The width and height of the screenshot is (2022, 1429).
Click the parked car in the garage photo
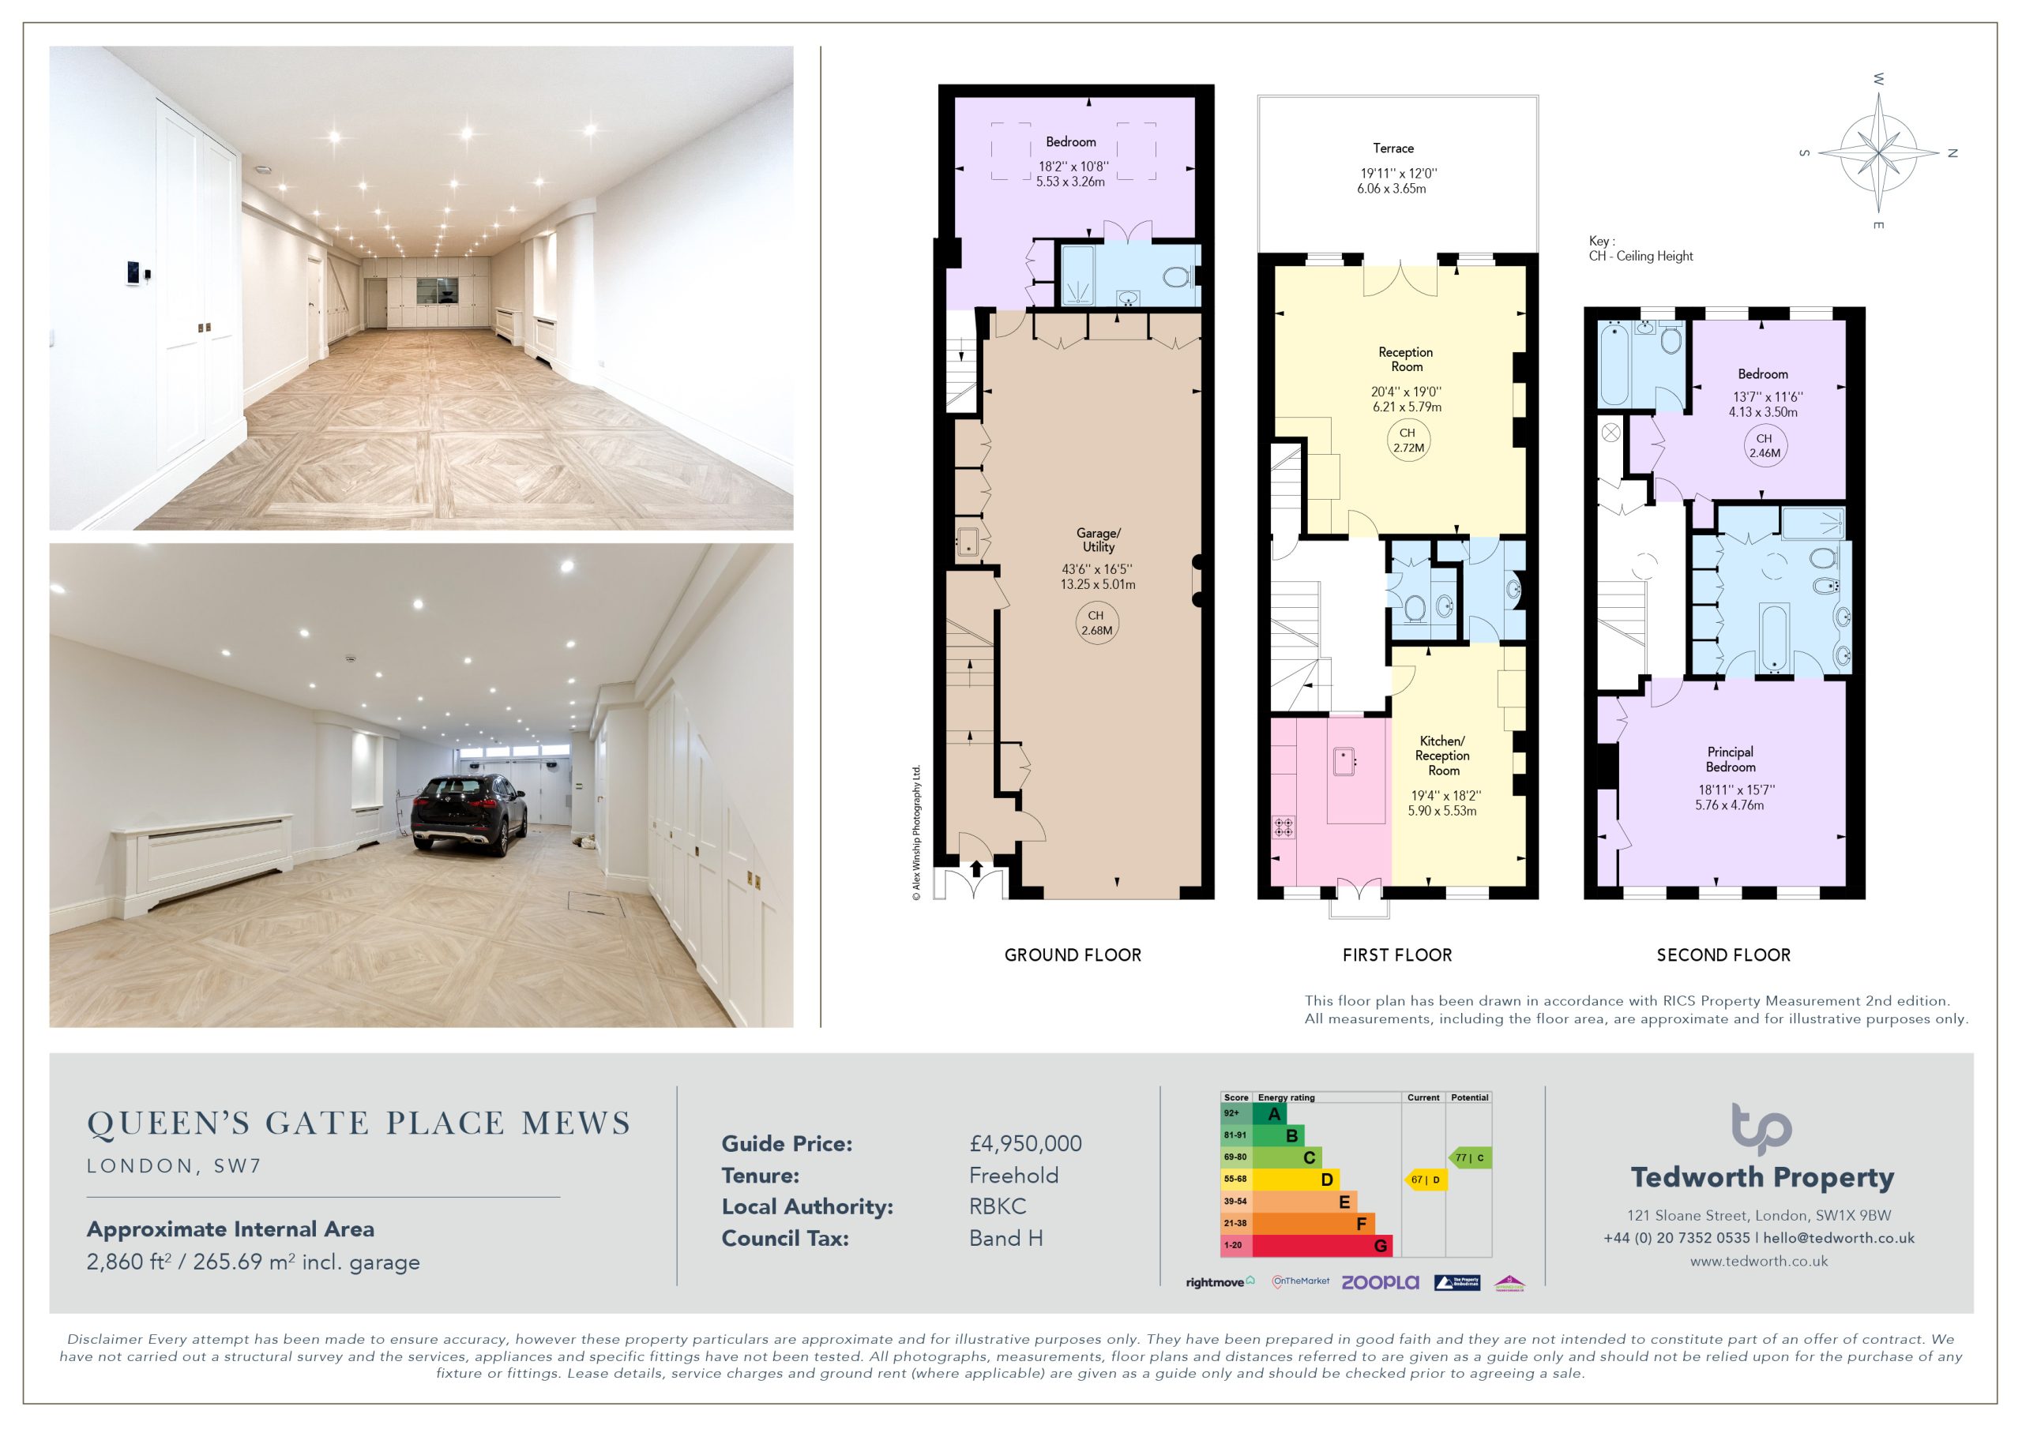coord(468,812)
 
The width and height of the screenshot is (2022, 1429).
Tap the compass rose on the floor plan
coord(1878,152)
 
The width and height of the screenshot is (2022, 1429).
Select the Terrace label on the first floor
coord(1393,148)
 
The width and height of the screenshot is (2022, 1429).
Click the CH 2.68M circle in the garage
coord(1096,622)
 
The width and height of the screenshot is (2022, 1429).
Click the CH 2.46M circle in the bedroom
coord(1764,445)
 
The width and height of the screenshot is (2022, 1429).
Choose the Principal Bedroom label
coord(1730,759)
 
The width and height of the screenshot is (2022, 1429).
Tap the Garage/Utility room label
coord(1098,540)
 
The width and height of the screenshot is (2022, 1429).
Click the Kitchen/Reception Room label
coord(1442,756)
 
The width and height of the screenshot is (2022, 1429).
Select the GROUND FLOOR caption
coord(1073,955)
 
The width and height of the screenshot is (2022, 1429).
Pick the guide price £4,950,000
coord(1026,1144)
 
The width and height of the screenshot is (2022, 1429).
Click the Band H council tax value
coord(1005,1238)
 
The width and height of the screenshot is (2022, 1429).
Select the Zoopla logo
coord(1380,1283)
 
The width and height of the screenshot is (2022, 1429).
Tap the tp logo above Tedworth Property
coord(1761,1128)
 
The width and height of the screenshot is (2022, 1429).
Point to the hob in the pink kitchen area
coord(1284,827)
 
